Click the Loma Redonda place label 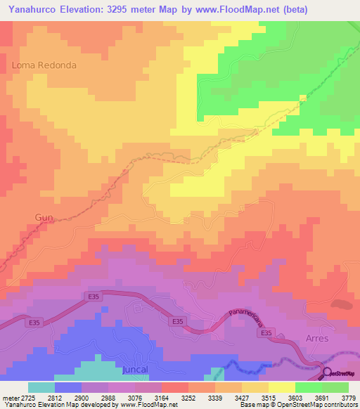click(44, 65)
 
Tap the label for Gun click(44, 218)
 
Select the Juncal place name click(138, 368)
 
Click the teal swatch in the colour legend click(41, 387)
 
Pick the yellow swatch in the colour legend click(281, 387)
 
